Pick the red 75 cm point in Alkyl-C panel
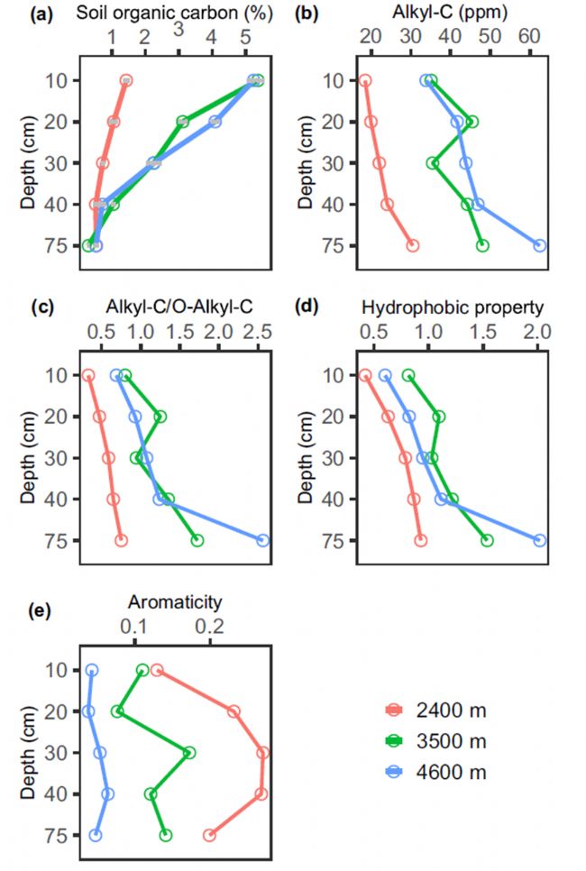[x=413, y=245]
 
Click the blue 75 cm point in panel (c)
[x=263, y=540]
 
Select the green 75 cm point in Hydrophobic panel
[x=487, y=540]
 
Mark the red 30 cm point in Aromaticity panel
[x=263, y=752]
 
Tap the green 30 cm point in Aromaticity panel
[x=189, y=752]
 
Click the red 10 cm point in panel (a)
[x=126, y=81]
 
